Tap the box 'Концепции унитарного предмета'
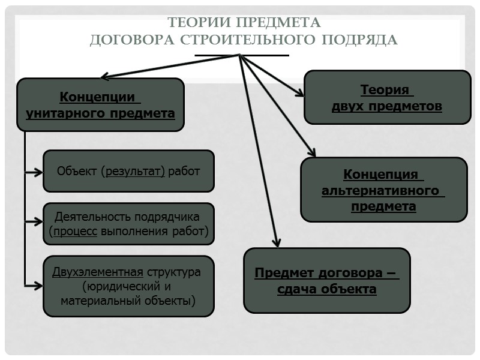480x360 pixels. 100,105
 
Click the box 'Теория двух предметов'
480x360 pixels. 387,98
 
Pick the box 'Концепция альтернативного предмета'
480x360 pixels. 383,190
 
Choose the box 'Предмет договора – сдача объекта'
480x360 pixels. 327,281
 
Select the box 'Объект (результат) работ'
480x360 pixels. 128,171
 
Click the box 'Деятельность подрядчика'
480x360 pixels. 128,223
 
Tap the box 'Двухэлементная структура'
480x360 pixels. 128,286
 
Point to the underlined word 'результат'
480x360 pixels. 134,171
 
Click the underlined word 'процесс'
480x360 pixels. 75,230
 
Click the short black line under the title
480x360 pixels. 242,55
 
